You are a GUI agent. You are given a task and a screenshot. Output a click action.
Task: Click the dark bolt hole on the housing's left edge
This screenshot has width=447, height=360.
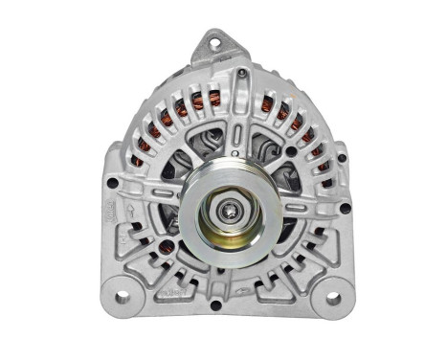coord(113,182)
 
